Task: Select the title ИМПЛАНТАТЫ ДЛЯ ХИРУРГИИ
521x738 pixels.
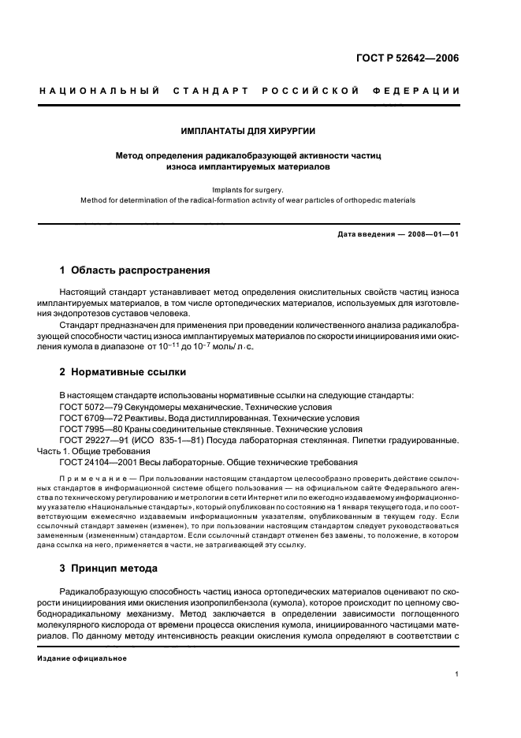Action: point(248,130)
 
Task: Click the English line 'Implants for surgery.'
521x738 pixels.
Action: point(248,189)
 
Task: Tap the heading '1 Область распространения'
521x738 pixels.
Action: point(135,270)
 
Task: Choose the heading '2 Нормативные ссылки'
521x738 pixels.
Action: point(123,371)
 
